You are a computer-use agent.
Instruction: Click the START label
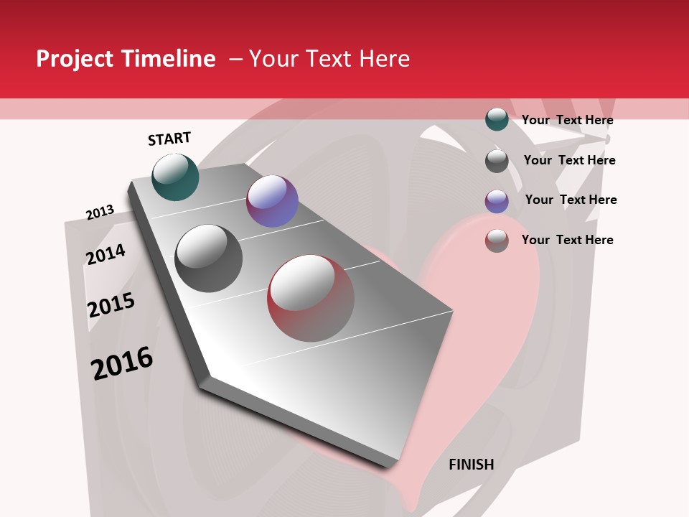(x=169, y=139)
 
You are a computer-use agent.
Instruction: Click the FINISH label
(x=472, y=465)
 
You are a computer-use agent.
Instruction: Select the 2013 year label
(x=100, y=213)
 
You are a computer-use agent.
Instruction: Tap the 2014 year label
(x=106, y=254)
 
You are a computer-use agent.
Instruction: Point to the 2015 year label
(x=111, y=305)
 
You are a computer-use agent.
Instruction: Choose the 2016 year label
(x=122, y=363)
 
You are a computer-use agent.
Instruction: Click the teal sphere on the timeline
(x=176, y=177)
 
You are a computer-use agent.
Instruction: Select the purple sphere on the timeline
(x=272, y=201)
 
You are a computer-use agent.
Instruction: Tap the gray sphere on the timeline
(x=209, y=258)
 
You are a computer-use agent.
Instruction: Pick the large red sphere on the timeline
(x=311, y=298)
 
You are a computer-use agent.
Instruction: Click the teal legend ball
(x=497, y=119)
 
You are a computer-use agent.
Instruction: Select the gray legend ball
(x=497, y=161)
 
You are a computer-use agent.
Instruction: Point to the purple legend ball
(x=497, y=201)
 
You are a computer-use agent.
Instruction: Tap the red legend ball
(x=497, y=241)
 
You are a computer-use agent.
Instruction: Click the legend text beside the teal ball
(x=567, y=120)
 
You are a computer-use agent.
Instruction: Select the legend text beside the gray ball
(x=569, y=160)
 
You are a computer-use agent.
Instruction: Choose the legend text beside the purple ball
(x=571, y=200)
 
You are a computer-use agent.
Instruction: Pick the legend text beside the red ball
(x=567, y=240)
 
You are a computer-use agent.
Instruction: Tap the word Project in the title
(x=75, y=59)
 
